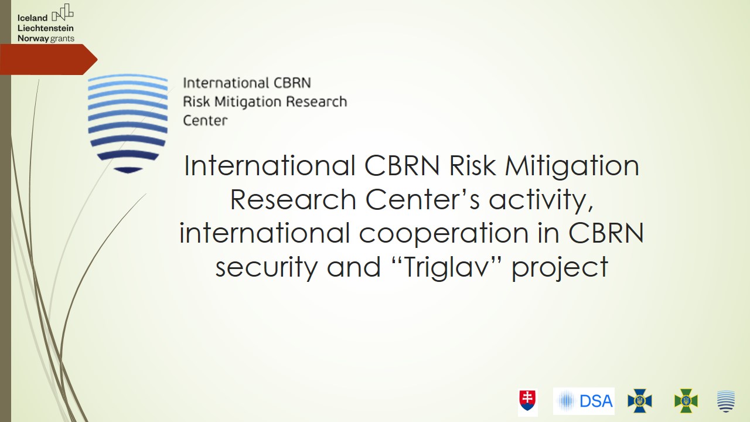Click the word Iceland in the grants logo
click(32, 18)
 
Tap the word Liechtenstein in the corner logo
click(46, 28)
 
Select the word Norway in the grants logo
click(33, 39)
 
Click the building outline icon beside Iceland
click(63, 12)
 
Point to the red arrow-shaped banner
click(49, 59)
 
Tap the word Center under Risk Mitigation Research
click(205, 121)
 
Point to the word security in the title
click(267, 267)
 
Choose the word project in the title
click(560, 267)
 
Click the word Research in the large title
click(293, 200)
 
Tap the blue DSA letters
click(596, 401)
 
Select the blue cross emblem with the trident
click(639, 400)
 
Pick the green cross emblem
click(686, 400)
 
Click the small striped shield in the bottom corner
click(726, 401)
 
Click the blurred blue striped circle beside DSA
click(566, 401)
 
